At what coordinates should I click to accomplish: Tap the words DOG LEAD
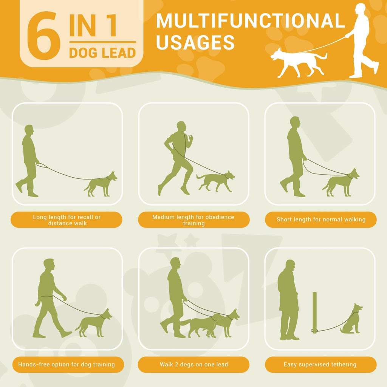(x=102, y=53)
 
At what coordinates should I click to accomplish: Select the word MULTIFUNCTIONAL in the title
(x=250, y=21)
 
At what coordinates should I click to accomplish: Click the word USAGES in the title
(x=195, y=42)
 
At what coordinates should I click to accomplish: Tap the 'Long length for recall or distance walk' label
(x=67, y=220)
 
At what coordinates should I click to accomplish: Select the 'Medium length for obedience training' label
(x=193, y=220)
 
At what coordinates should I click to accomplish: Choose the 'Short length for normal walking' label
(x=320, y=220)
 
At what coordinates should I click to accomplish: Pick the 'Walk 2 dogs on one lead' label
(x=193, y=364)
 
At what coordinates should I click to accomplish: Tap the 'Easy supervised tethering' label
(x=320, y=364)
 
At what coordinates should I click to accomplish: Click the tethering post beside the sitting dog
(x=314, y=313)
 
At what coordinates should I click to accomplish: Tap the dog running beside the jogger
(x=215, y=181)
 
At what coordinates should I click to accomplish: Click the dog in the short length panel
(x=341, y=183)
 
